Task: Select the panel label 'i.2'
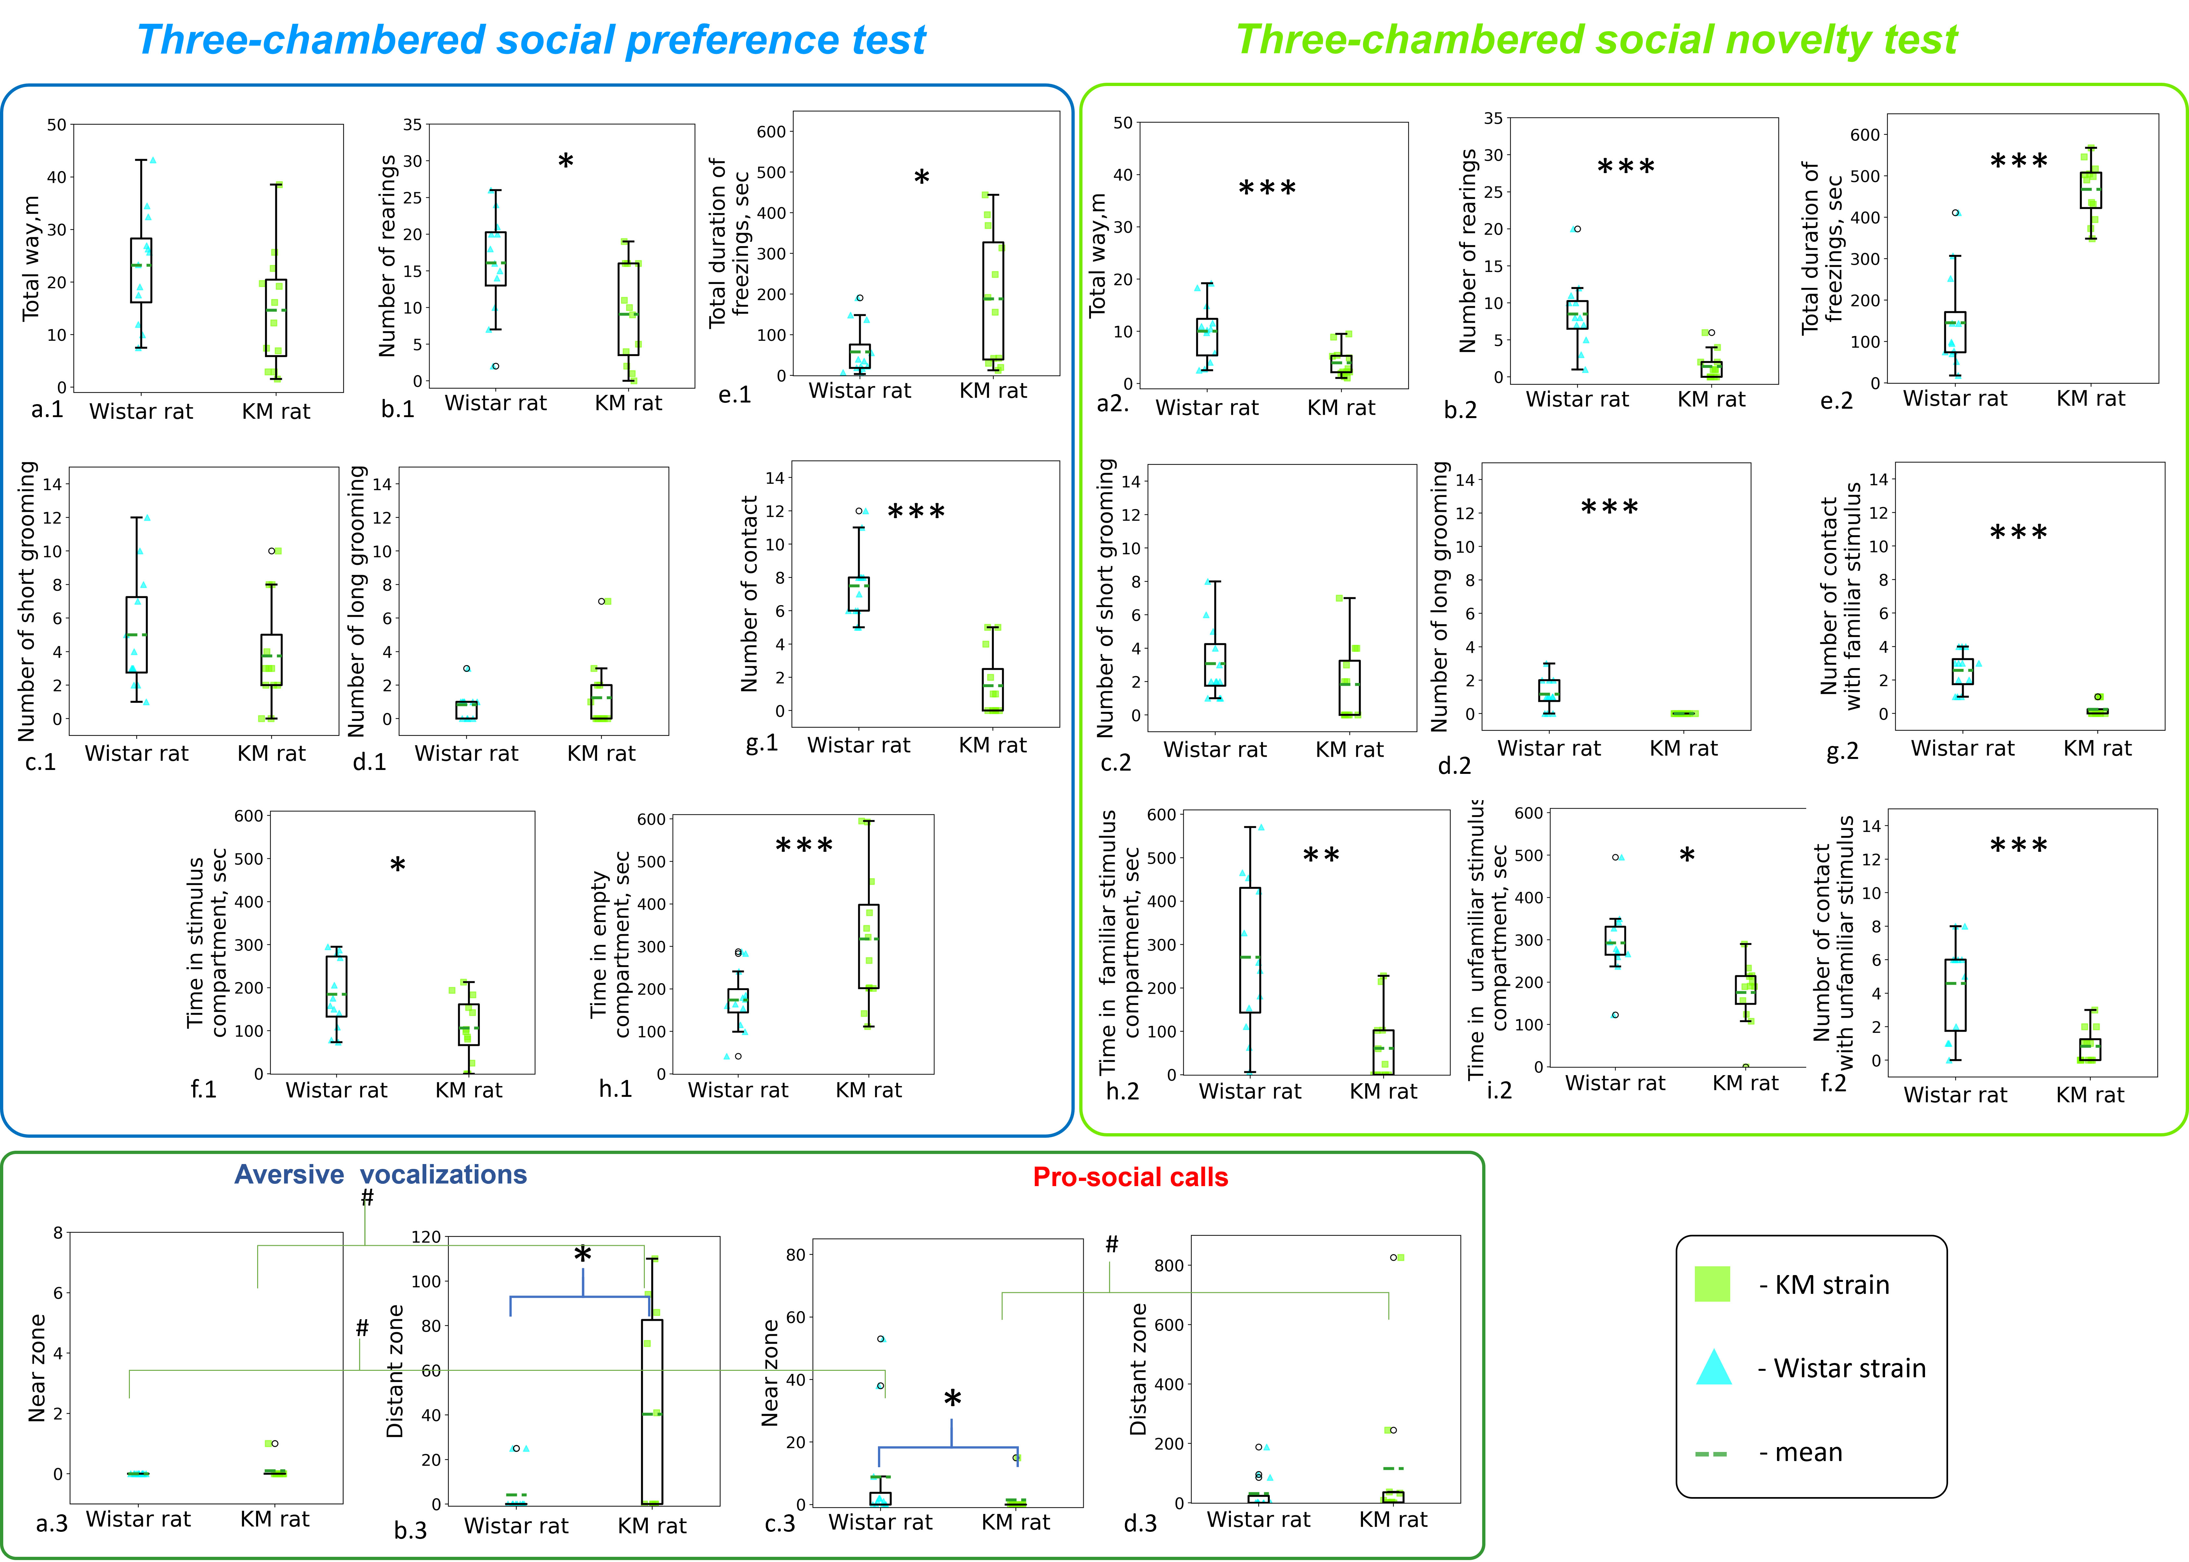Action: click(x=1499, y=1090)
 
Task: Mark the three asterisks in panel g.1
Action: click(x=916, y=513)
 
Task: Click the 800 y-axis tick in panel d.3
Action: click(x=1169, y=1266)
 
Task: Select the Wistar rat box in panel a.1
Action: click(x=141, y=270)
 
